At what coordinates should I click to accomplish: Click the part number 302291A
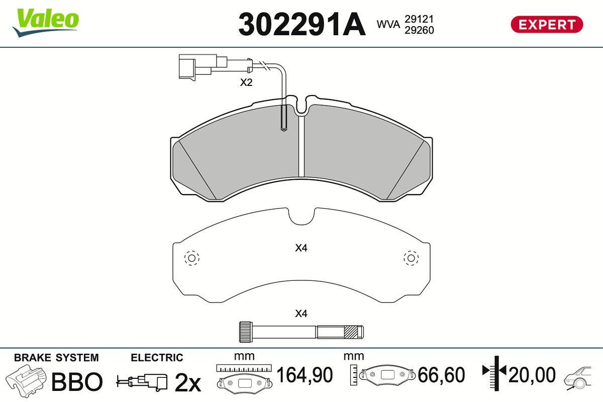(x=302, y=24)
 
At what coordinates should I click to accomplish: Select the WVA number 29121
(x=419, y=19)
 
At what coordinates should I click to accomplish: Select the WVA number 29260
(x=419, y=30)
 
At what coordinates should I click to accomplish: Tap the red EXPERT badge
(x=547, y=25)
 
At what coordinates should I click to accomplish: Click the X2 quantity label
(x=246, y=82)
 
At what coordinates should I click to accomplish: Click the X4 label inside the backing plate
(x=301, y=248)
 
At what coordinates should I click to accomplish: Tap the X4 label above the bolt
(x=301, y=314)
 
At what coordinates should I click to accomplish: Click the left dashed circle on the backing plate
(x=191, y=258)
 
